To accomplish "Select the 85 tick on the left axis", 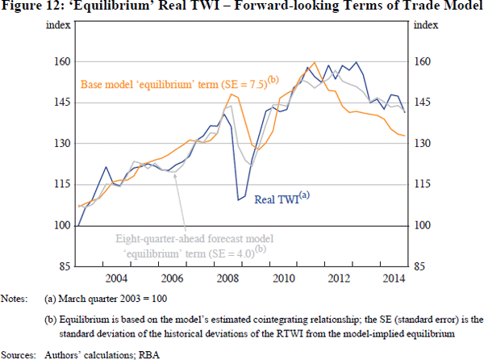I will click(64, 266).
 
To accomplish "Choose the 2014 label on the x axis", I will click(392, 278).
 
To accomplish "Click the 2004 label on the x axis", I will click(115, 278).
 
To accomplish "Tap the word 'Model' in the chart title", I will click(462, 8).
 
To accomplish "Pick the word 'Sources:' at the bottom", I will click(19, 353).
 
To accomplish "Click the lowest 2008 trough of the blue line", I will click(240, 199).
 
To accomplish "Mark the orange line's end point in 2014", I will click(404, 136).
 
